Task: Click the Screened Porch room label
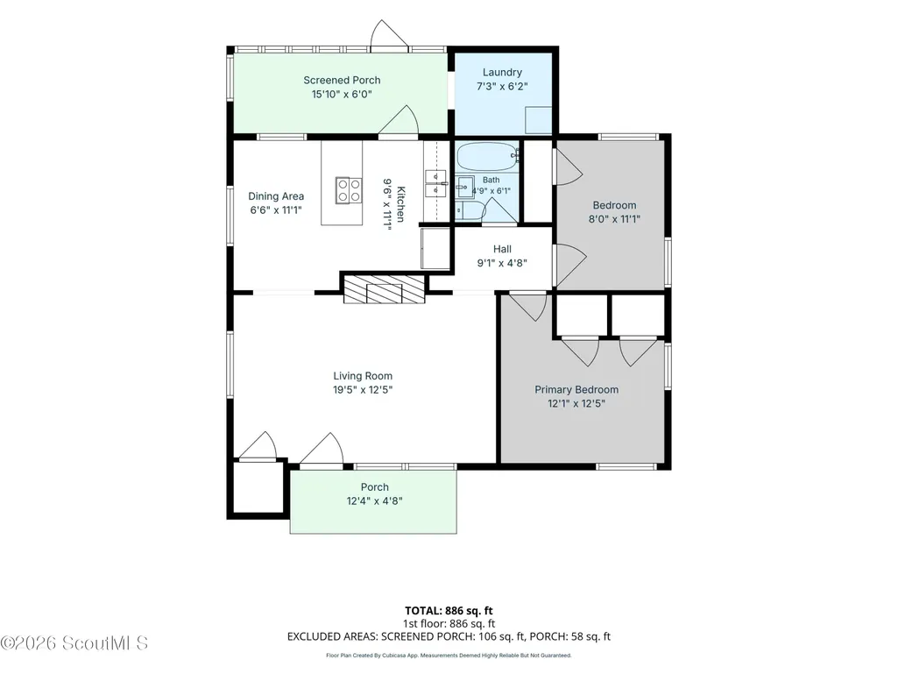coord(342,81)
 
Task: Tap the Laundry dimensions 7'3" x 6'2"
coord(502,87)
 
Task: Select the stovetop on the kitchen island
coord(349,190)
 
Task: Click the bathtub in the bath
coord(488,157)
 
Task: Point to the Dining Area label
coord(276,196)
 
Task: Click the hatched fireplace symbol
coord(385,289)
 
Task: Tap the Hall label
coord(502,249)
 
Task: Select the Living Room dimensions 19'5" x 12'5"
coord(363,390)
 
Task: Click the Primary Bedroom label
coord(576,390)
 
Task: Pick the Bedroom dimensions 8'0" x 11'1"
coord(614,219)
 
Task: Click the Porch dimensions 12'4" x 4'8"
coord(375,501)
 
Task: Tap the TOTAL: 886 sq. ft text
coord(449,610)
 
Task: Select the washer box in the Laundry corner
coord(539,120)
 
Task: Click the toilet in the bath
coord(470,209)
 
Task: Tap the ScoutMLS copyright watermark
coord(74,643)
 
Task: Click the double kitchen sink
coord(435,183)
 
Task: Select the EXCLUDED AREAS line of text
coord(449,636)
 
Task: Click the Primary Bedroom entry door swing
coord(529,307)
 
